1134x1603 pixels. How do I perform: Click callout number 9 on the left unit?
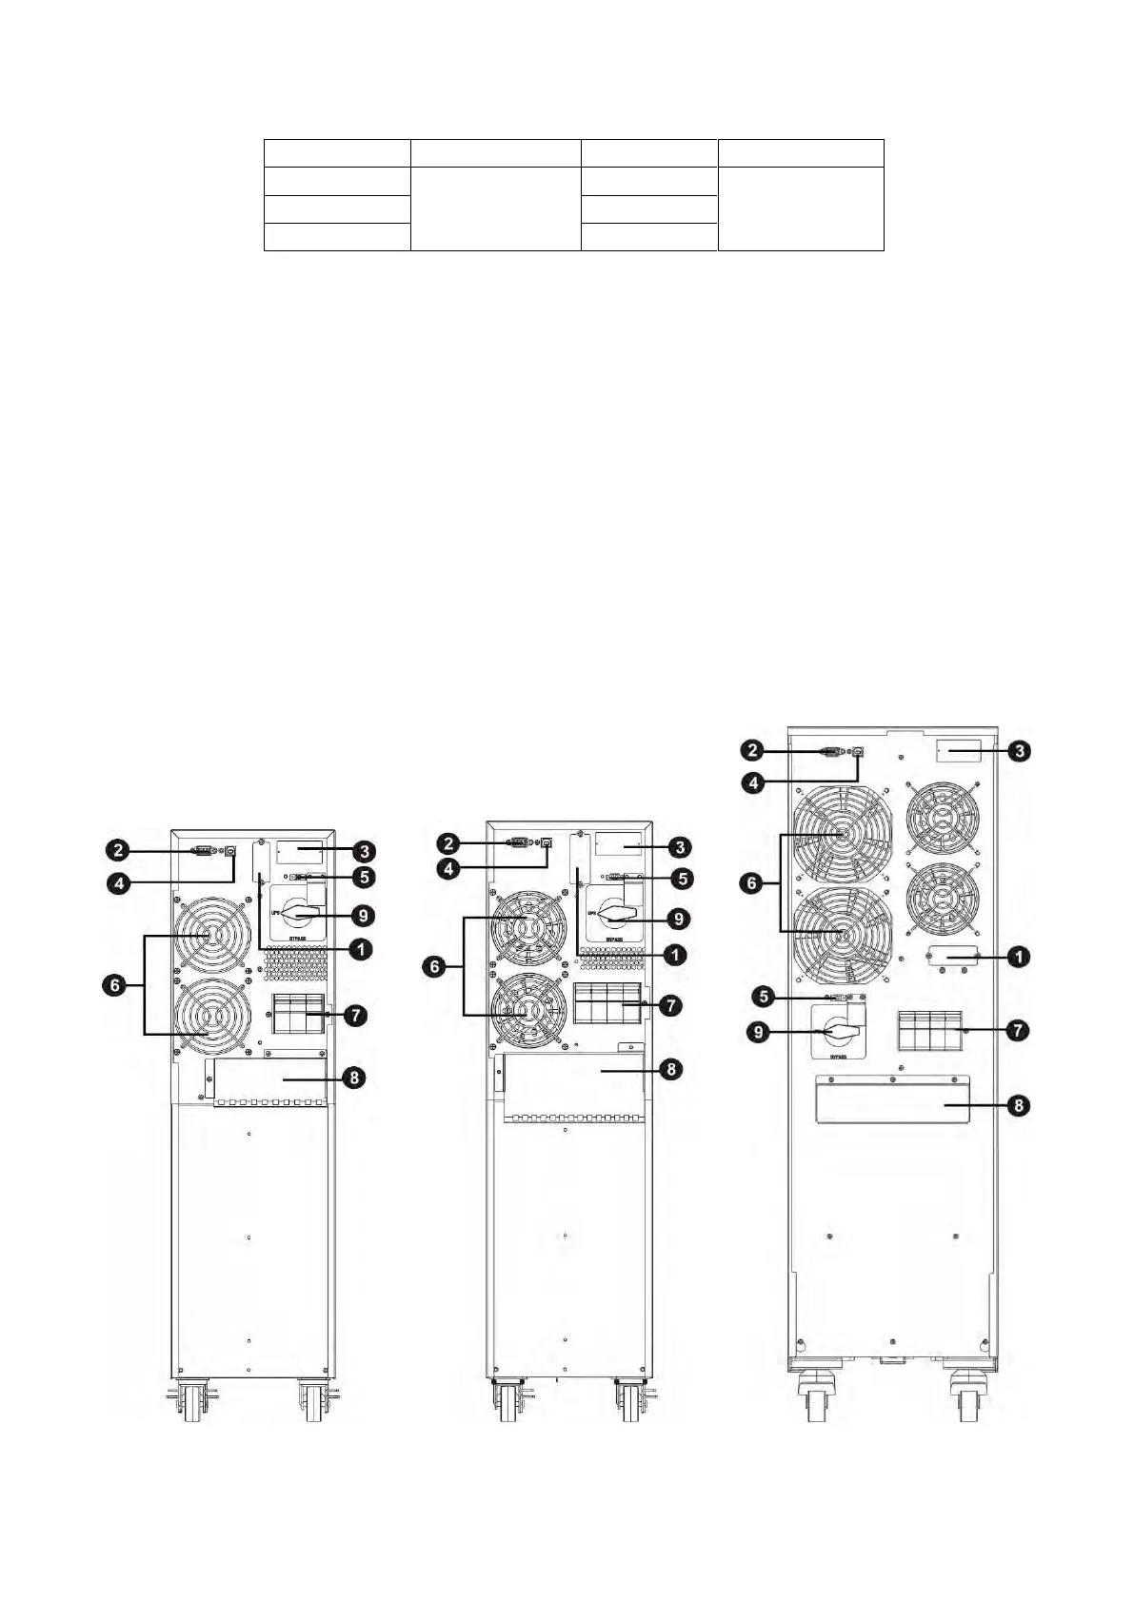[362, 916]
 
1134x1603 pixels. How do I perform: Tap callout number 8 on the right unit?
[1018, 1106]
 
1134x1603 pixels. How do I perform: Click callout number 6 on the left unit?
[115, 986]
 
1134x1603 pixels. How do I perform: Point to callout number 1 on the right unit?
[1018, 956]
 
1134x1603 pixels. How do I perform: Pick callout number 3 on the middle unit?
[678, 845]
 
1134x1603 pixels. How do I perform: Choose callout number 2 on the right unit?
[753, 751]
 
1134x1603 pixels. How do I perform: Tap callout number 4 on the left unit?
[117, 883]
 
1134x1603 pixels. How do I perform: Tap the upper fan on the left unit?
[210, 939]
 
